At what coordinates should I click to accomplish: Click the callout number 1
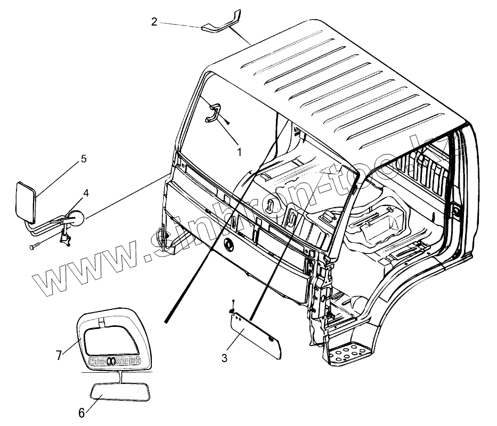(239, 152)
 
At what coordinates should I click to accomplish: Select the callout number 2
(154, 22)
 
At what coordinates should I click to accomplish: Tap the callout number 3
(224, 358)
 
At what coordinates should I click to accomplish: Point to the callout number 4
(85, 192)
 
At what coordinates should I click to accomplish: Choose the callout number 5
(84, 159)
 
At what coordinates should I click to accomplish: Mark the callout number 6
(82, 413)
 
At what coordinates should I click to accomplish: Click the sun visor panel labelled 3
(255, 335)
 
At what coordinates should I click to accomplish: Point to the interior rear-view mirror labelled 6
(120, 393)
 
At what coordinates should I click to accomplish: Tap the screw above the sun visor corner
(233, 306)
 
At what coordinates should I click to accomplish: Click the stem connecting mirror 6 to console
(122, 378)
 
